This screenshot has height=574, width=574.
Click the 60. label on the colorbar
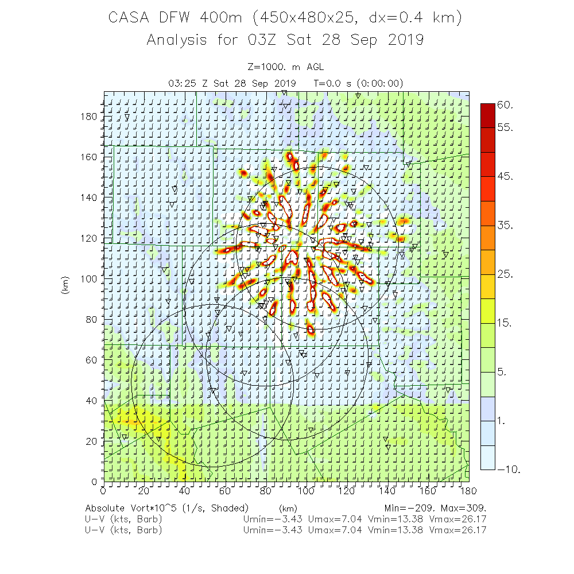(506, 105)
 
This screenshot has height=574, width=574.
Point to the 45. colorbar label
(506, 176)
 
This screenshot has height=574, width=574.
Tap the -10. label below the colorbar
(509, 470)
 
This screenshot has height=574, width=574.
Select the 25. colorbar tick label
(506, 274)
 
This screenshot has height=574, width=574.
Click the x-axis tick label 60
(225, 491)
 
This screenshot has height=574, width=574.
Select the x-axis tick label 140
(387, 491)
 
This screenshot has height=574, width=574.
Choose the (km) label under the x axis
(288, 508)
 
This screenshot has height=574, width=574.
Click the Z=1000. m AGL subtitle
(285, 68)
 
